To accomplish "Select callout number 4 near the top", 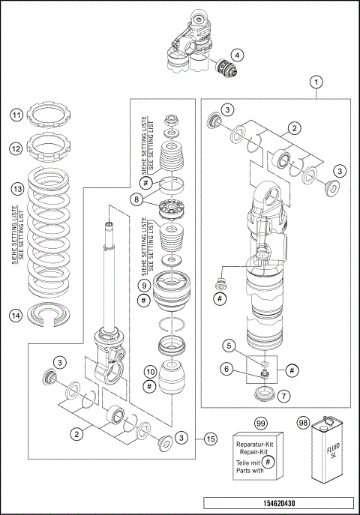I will (236, 55).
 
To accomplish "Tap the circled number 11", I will (16, 115).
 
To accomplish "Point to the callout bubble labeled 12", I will (16, 149).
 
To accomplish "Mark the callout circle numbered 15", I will (211, 439).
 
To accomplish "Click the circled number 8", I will (136, 199).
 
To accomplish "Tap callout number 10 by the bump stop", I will (149, 372).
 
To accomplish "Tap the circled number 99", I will (260, 424).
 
